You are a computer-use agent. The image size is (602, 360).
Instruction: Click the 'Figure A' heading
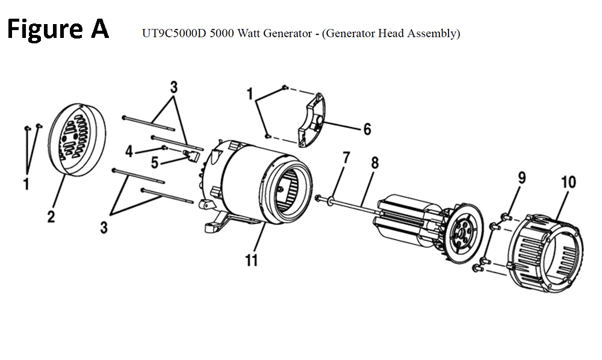58,28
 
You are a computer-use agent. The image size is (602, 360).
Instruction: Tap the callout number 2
51,216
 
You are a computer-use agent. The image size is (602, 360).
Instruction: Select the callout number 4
129,151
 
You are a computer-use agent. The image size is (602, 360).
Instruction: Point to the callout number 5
155,162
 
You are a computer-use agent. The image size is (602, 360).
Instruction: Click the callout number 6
367,129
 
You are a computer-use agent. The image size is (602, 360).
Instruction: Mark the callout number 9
522,178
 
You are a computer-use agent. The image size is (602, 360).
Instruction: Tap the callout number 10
568,182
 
